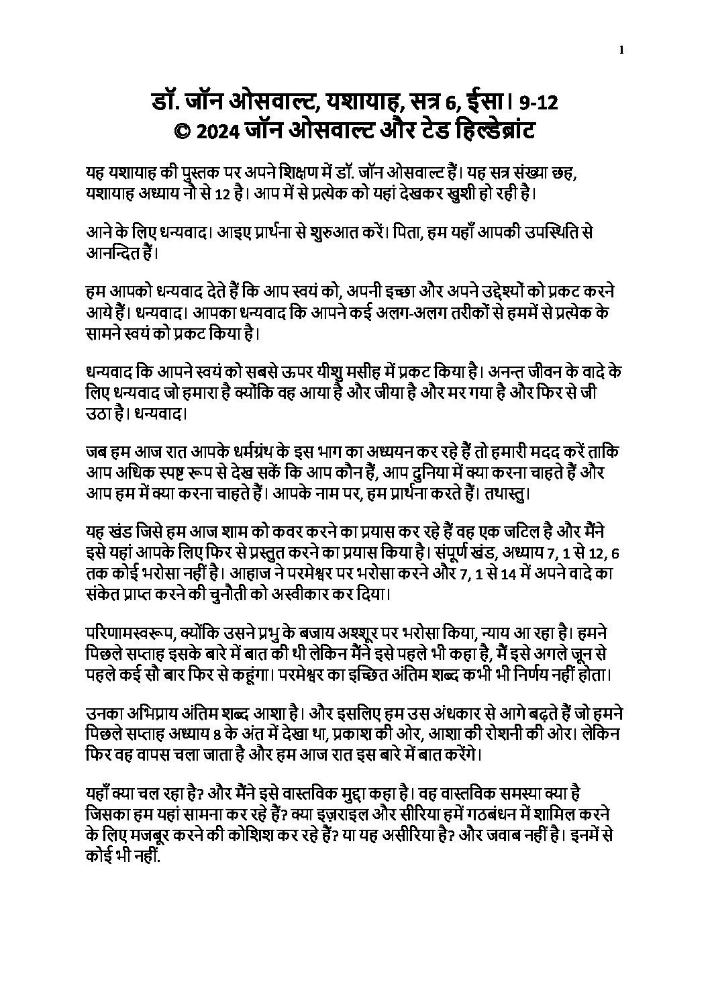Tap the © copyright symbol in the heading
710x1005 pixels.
pos(183,130)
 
